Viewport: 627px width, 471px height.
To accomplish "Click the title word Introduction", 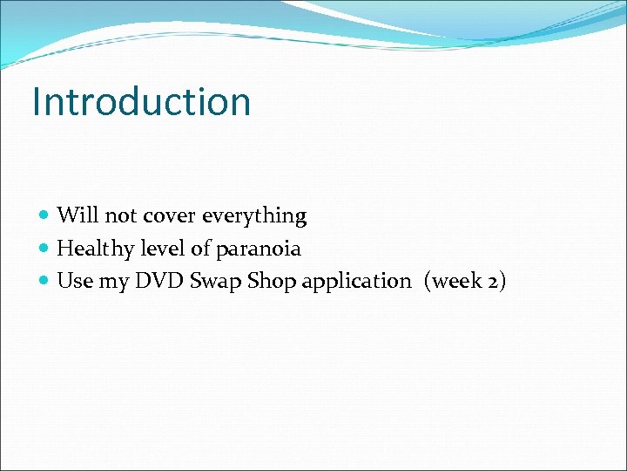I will [141, 101].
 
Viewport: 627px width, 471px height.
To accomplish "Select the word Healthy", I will [95, 249].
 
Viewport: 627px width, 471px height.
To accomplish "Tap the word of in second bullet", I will [200, 248].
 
